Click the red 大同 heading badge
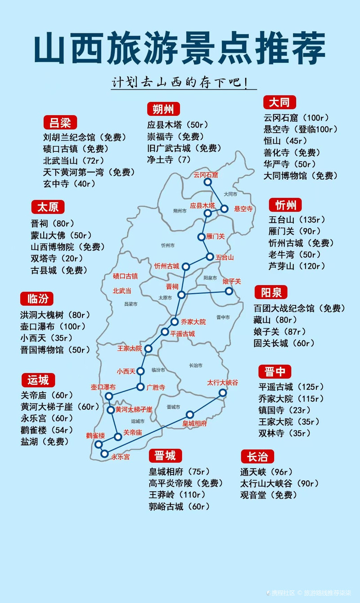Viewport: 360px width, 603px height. coord(279,102)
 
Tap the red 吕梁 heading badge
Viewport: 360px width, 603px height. coord(60,122)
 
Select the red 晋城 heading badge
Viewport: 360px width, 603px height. coord(165,456)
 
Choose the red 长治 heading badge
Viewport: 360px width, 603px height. coord(257,457)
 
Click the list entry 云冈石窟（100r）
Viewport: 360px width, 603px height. coord(297,118)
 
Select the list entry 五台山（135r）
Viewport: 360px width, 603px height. coord(297,220)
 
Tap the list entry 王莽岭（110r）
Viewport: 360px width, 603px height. coord(177,494)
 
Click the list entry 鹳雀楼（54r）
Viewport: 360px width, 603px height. coord(46,430)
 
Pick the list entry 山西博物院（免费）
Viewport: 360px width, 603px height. coord(67,247)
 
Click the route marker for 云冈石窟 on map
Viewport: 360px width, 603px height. coord(207,182)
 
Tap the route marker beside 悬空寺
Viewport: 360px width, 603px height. coord(225,209)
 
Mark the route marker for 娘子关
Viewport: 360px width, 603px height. coord(229,291)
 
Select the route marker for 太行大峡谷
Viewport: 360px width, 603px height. coord(222,393)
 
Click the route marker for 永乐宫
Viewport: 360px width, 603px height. coord(105,453)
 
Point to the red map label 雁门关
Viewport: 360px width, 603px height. coord(215,236)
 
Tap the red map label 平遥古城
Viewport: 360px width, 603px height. coord(182,334)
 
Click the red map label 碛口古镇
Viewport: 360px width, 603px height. coord(125,276)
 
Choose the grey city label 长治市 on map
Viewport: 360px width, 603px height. coord(196,365)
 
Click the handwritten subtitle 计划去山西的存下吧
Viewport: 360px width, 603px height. coord(179,83)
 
